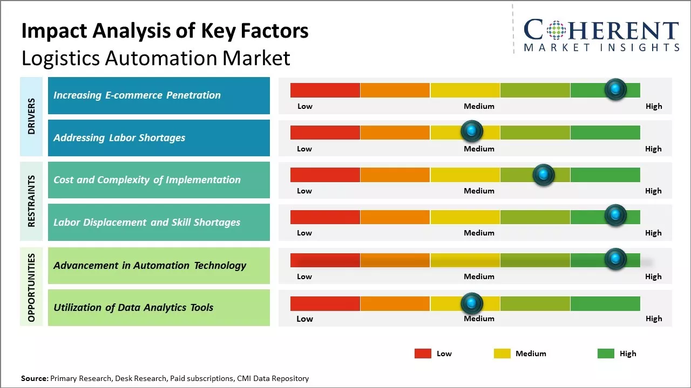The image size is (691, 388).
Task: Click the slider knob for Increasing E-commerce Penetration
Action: pos(615,89)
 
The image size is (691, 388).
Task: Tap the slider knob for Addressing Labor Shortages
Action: pos(472,131)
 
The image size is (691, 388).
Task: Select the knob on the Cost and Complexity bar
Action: pos(544,175)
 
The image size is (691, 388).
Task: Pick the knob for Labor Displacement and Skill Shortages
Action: pos(615,215)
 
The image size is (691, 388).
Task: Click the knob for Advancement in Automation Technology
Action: pos(615,259)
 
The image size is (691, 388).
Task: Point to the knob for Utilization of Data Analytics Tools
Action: pos(472,303)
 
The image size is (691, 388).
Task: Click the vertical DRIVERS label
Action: pos(31,116)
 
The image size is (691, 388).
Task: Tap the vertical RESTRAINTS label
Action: pos(31,201)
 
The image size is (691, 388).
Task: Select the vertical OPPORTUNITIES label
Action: pos(31,287)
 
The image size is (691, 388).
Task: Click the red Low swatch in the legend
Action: pos(423,354)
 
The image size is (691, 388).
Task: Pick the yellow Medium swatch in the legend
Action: pos(502,354)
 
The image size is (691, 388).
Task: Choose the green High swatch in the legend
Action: pos(606,354)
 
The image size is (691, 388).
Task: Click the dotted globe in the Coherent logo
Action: pos(555,31)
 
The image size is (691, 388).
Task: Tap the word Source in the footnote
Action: pos(34,379)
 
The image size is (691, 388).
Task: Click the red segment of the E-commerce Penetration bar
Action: pos(325,90)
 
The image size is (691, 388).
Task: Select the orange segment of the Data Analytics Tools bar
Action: pos(395,304)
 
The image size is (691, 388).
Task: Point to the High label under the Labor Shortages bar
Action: pos(653,149)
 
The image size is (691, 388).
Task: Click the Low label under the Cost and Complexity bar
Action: pos(304,191)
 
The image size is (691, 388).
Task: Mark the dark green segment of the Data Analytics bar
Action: pos(605,304)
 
